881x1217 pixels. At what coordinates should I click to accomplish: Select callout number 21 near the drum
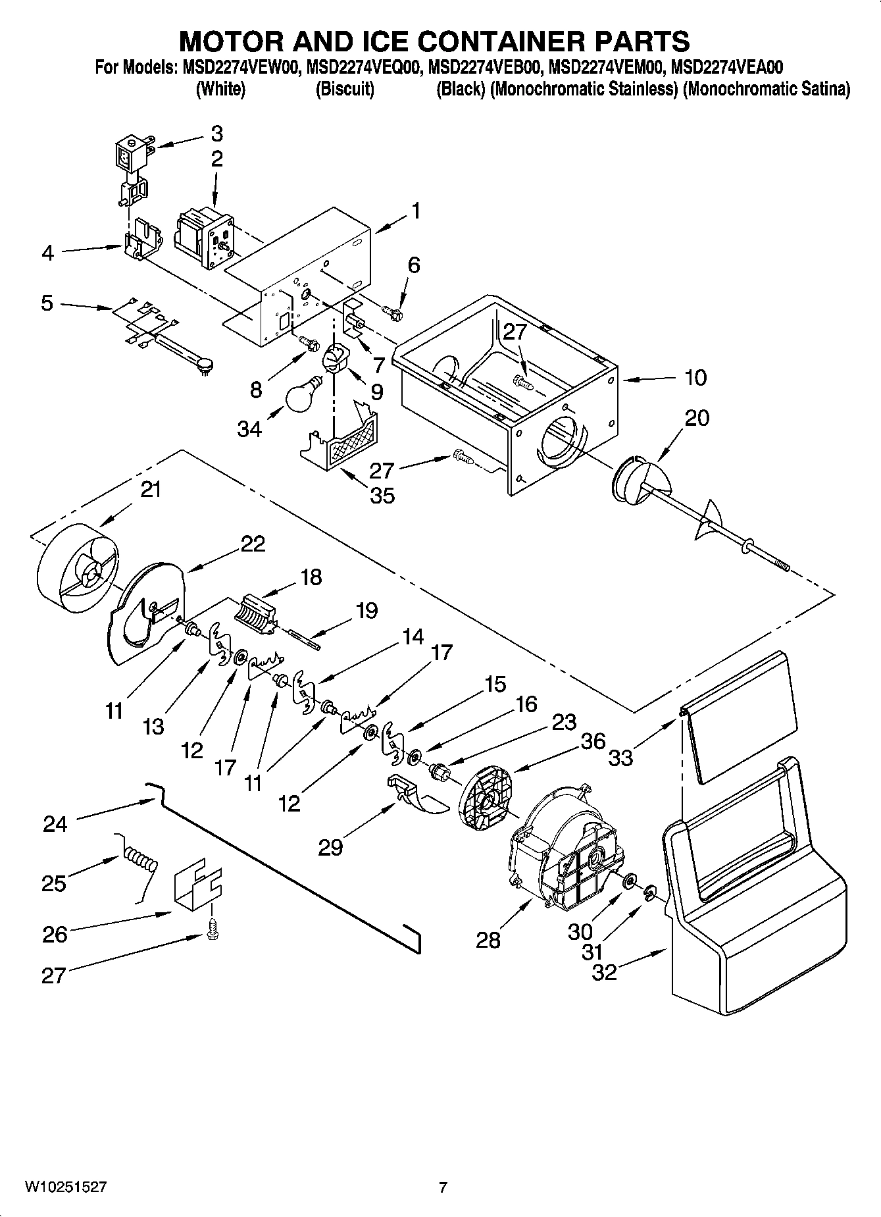[151, 490]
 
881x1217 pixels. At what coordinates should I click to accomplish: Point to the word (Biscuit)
[345, 89]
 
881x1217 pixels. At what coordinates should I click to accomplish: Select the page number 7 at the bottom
[443, 1187]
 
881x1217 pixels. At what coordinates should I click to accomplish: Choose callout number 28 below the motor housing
[488, 940]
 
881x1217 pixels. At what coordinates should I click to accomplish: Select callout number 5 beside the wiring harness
[47, 303]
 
